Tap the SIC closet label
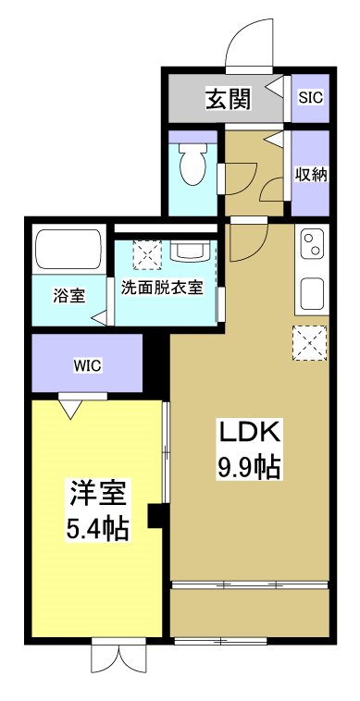click(x=309, y=97)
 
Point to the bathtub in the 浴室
click(x=67, y=250)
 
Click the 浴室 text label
click(x=68, y=296)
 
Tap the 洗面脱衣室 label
click(x=162, y=288)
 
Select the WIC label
click(x=88, y=364)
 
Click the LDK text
click(x=248, y=433)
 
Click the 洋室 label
click(x=96, y=493)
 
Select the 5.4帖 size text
click(x=96, y=529)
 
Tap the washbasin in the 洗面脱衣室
click(x=189, y=251)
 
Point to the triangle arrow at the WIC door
click(x=70, y=407)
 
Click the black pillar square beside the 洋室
click(x=156, y=516)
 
